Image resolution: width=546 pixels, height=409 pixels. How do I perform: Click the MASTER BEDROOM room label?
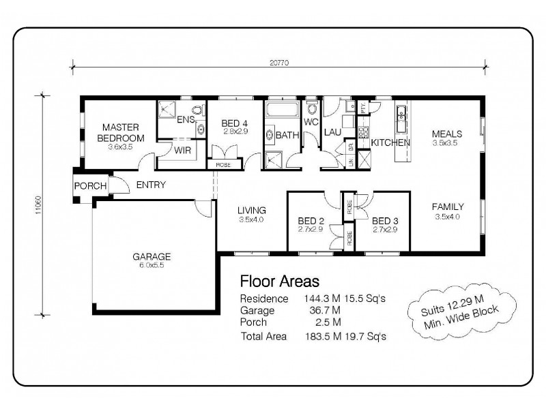coord(121,132)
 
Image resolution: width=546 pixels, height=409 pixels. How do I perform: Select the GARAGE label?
coord(152,257)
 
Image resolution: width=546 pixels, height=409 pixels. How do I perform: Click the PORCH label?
coord(89,186)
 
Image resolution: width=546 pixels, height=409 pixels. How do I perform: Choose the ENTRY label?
coord(151,185)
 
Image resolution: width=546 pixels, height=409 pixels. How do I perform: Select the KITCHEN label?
coord(390,142)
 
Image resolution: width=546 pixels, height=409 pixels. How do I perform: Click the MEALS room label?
coord(447,134)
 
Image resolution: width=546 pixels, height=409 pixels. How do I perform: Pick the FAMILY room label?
coord(448,207)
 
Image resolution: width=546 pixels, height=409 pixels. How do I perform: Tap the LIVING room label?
coord(251,210)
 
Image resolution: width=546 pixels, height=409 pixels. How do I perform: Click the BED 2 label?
coord(311,221)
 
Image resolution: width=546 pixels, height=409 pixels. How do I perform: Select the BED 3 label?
coord(385,221)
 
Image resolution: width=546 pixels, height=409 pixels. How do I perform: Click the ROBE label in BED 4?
coord(223,164)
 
